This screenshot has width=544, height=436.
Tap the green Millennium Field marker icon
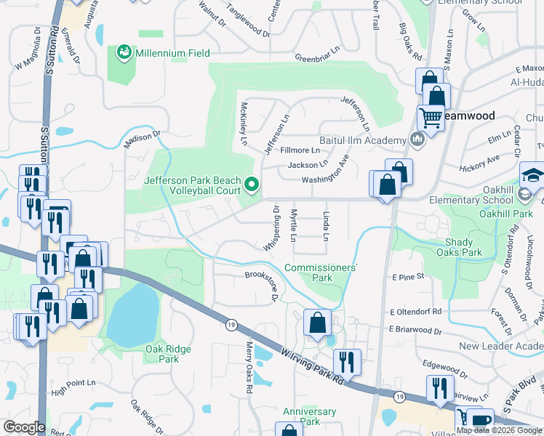pos(124,52)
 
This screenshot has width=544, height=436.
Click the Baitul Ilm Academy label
pos(362,140)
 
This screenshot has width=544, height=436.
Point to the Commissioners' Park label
pos(320,272)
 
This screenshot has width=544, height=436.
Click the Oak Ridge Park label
pos(168,354)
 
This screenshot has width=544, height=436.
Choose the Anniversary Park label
pos(310,416)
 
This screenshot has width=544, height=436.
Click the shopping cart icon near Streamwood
pos(431,117)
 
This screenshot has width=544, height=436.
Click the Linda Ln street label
pos(325,227)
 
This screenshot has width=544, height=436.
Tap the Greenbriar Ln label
pos(318,57)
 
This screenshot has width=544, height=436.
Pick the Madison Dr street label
pos(141,139)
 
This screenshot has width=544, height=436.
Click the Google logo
pos(24,427)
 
